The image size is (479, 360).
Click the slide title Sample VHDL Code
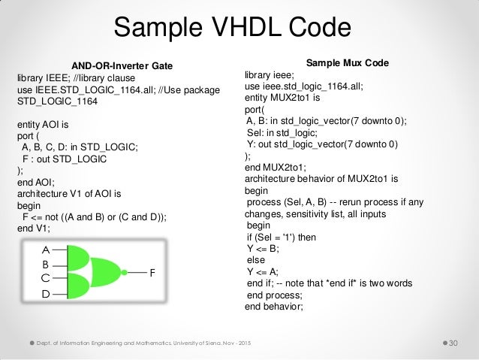point(232,29)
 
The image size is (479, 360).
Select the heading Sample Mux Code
point(348,62)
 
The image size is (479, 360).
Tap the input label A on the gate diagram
point(46,249)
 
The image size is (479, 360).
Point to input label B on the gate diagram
point(46,265)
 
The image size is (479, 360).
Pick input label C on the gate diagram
point(46,277)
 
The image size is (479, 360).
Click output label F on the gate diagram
point(153,274)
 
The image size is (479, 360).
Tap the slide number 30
point(453,343)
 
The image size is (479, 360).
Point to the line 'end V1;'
point(35,227)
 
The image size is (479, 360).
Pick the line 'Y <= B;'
point(264,248)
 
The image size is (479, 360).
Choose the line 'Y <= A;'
point(264,271)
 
